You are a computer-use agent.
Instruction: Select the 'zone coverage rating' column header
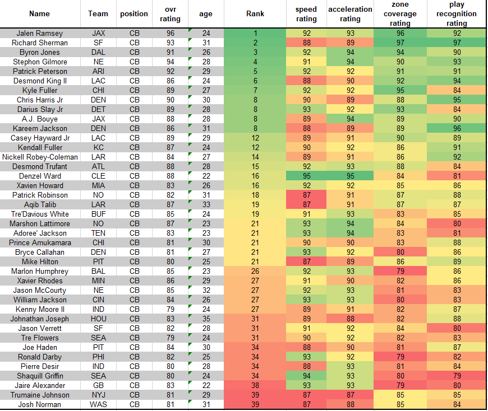[x=400, y=14]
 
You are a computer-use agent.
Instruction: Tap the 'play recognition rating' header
[x=457, y=14]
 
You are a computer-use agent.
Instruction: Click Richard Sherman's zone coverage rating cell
[x=400, y=43]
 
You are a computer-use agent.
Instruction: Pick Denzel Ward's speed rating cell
[x=306, y=176]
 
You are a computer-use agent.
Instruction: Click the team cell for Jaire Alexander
[x=98, y=385]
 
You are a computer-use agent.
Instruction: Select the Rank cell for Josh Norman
[x=255, y=404]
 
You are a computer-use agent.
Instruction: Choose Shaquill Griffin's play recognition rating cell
[x=457, y=376]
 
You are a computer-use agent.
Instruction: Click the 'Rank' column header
[x=255, y=14]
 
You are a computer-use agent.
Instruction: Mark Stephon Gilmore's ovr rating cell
[x=171, y=62]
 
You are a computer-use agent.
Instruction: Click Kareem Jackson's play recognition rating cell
[x=457, y=128]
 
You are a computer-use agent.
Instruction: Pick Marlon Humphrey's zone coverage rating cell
[x=400, y=271]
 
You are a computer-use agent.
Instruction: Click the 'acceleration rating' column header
[x=350, y=14]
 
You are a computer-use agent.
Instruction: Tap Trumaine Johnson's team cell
[x=98, y=395]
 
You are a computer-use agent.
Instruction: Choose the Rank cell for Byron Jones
[x=255, y=52]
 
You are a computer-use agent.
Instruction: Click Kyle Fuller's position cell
[x=134, y=90]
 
